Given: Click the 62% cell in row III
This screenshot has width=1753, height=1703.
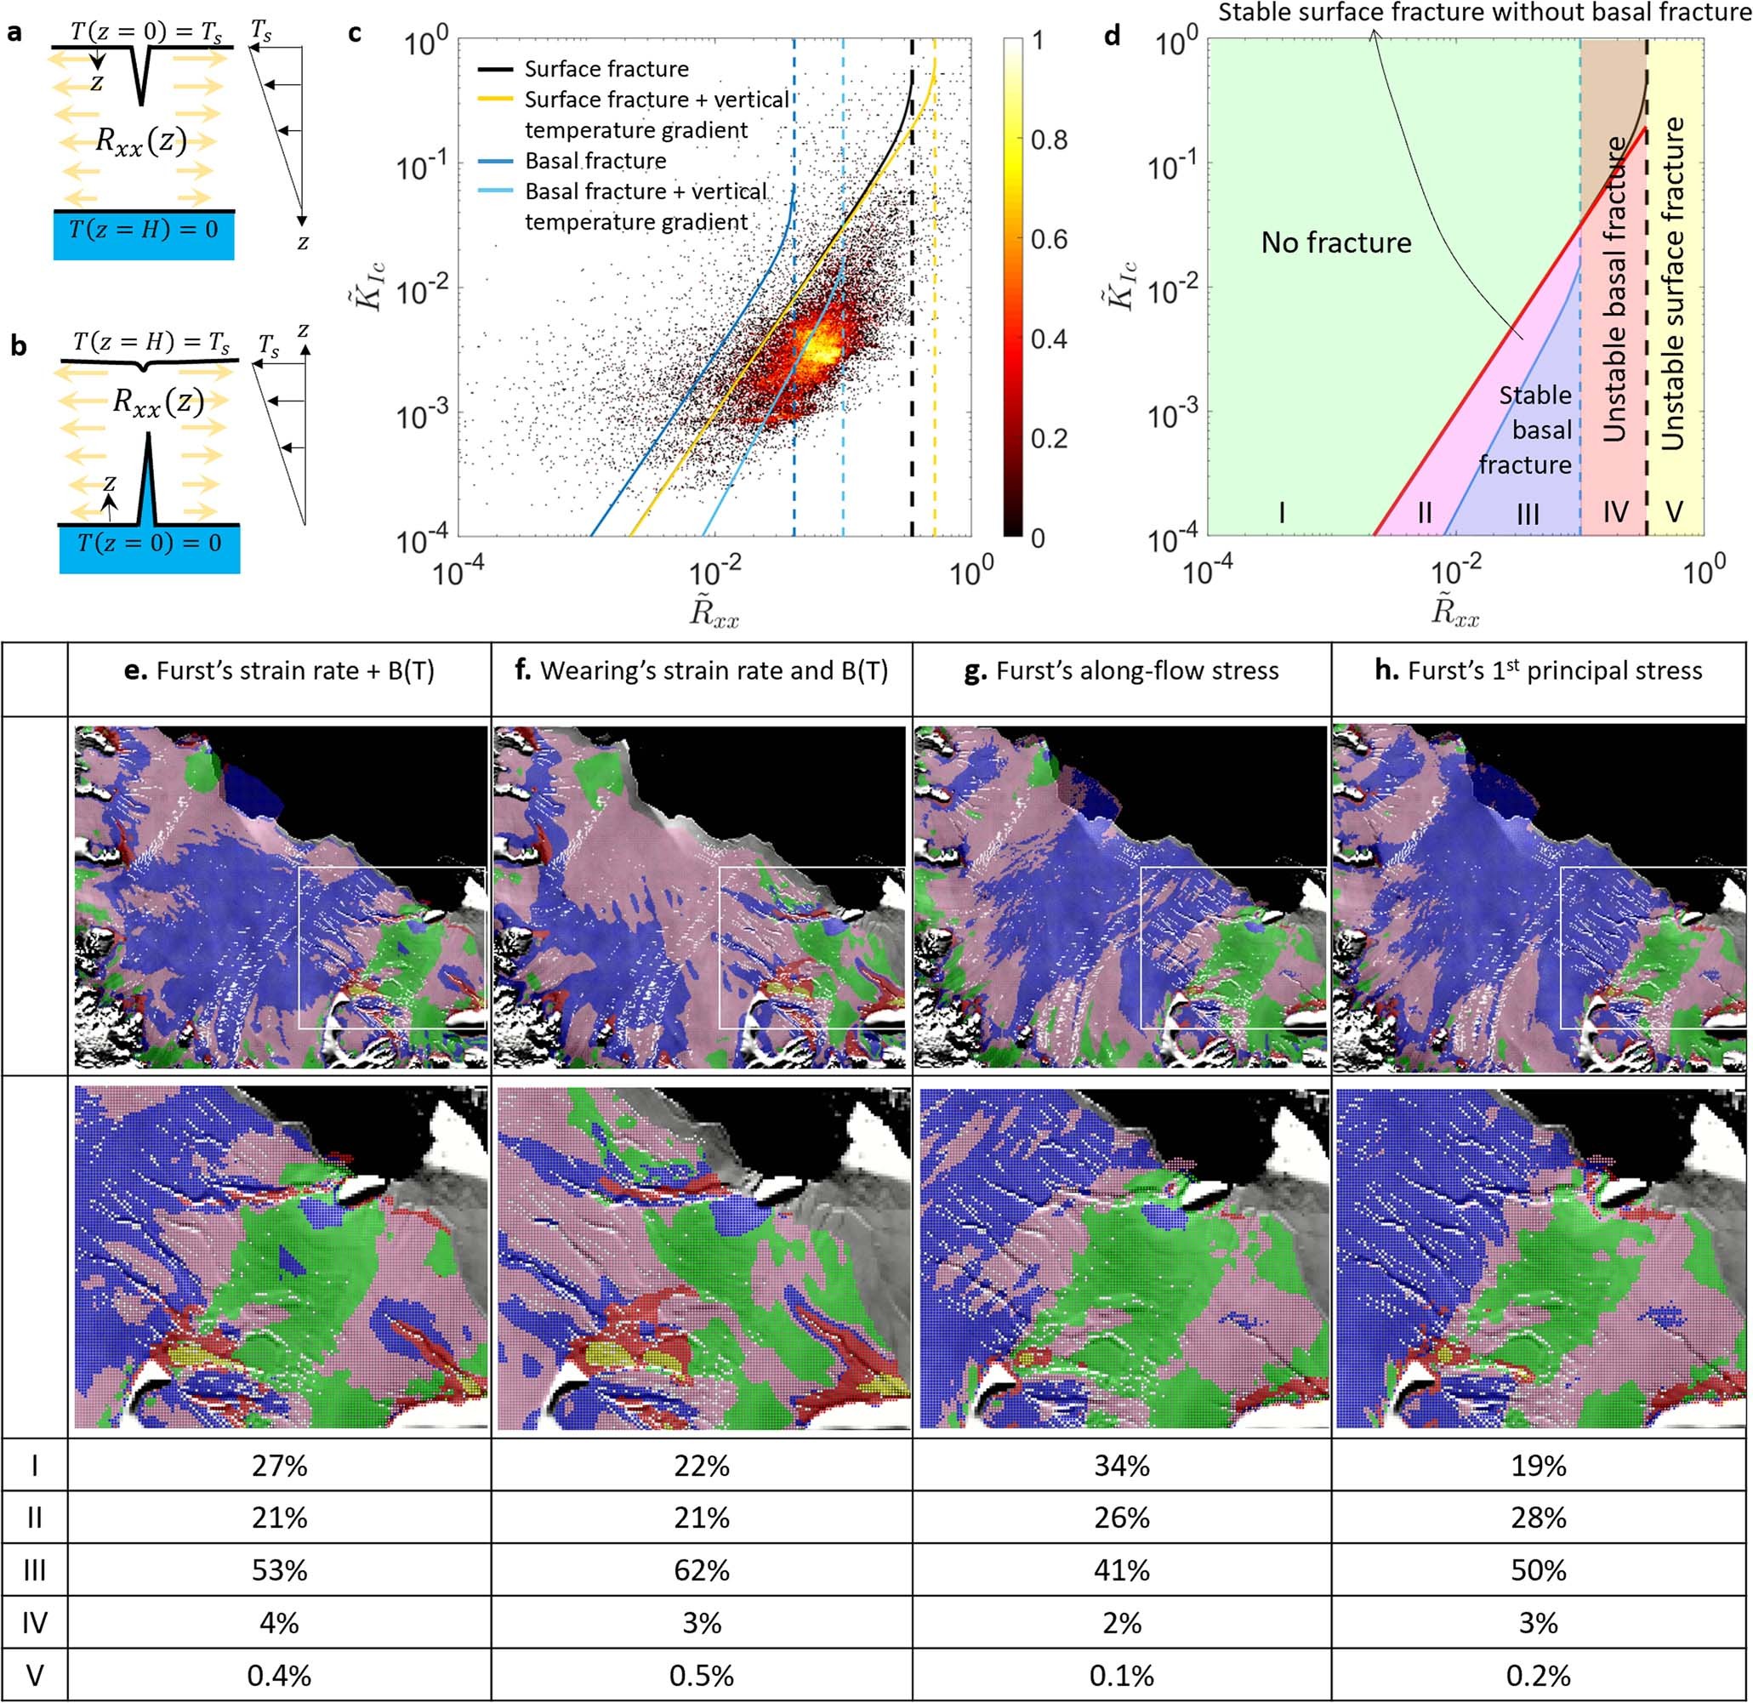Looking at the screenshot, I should (x=701, y=1569).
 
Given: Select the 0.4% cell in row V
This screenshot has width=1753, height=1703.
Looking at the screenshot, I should (x=279, y=1675).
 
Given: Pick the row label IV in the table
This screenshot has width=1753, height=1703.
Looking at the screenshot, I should (x=34, y=1622).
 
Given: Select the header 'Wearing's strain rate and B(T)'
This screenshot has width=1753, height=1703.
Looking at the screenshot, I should (x=702, y=671).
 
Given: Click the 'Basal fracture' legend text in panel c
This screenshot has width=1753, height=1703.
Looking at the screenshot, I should (x=595, y=161).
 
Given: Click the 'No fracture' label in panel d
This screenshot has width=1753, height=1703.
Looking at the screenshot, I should (x=1336, y=242).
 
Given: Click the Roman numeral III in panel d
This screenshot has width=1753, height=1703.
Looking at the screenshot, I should (x=1528, y=514).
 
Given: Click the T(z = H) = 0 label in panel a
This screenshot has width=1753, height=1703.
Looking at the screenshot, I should (x=143, y=230).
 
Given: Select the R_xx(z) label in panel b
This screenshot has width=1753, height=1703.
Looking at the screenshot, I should (x=157, y=402).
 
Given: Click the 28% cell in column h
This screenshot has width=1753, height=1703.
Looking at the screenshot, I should (x=1539, y=1518).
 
